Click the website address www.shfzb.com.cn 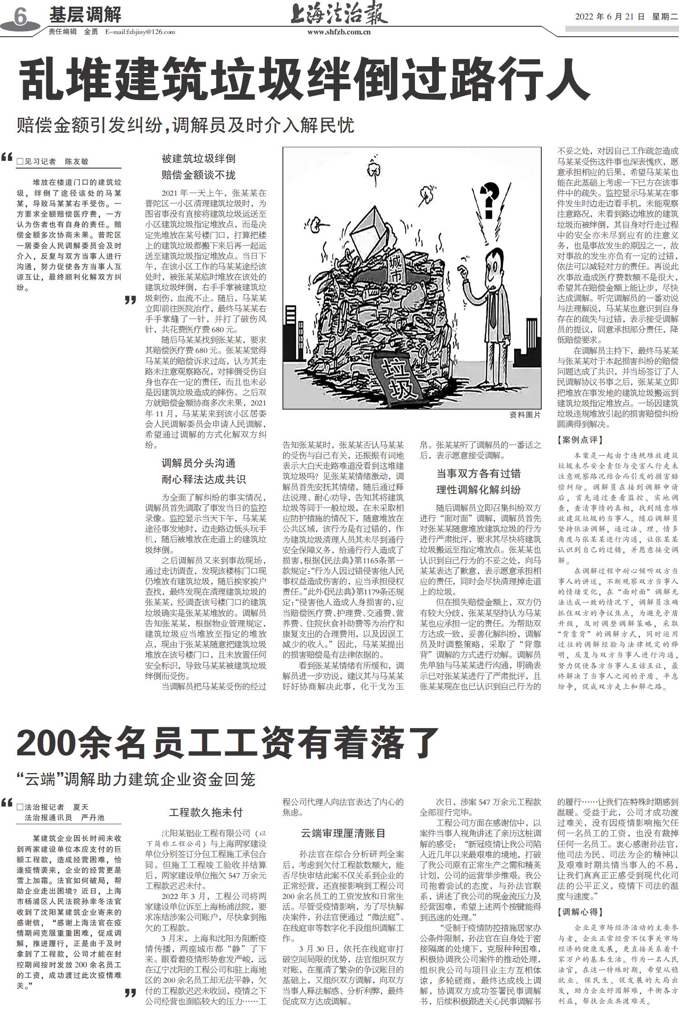pos(339,32)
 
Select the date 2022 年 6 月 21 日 pos(609,17)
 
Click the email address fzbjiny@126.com pos(140,32)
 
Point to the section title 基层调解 pos(85,15)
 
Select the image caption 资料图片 pos(525,415)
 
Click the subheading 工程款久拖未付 pos(206,812)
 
